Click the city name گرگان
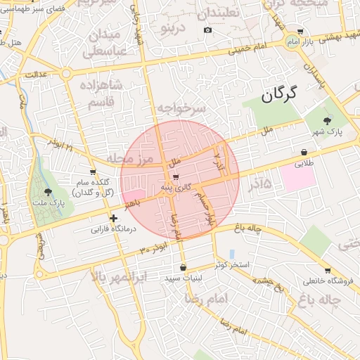click(x=278, y=94)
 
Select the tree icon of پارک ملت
click(x=48, y=192)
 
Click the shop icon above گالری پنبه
click(x=175, y=176)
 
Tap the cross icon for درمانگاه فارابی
click(x=113, y=219)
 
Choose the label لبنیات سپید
click(x=183, y=278)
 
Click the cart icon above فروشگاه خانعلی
click(x=328, y=271)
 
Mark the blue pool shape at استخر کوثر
click(x=231, y=254)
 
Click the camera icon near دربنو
click(x=207, y=30)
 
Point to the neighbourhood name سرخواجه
click(x=181, y=108)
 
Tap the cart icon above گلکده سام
click(x=93, y=172)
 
